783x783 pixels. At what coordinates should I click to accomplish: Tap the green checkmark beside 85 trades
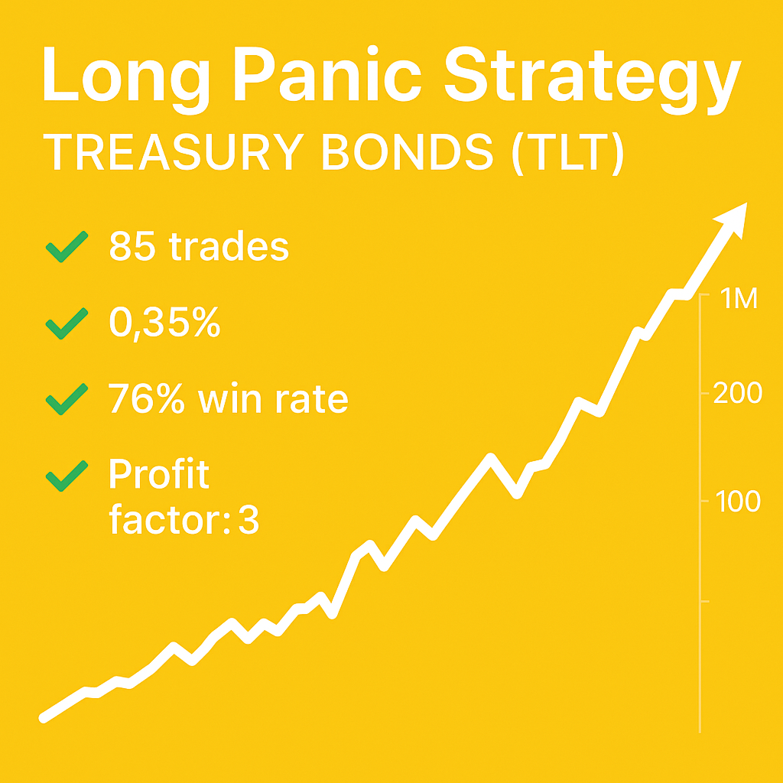67,249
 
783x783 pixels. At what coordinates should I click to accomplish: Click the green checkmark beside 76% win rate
67,400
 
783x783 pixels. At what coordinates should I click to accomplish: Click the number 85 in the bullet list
132,247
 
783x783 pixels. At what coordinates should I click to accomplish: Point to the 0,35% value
164,323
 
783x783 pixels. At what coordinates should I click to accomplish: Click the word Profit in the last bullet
158,475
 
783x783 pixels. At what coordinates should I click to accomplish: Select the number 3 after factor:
249,521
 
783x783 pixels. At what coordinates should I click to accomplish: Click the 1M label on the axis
739,299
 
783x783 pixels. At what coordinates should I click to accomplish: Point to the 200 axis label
737,394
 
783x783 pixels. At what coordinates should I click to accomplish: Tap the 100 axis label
737,502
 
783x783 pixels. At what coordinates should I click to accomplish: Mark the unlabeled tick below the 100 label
705,602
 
